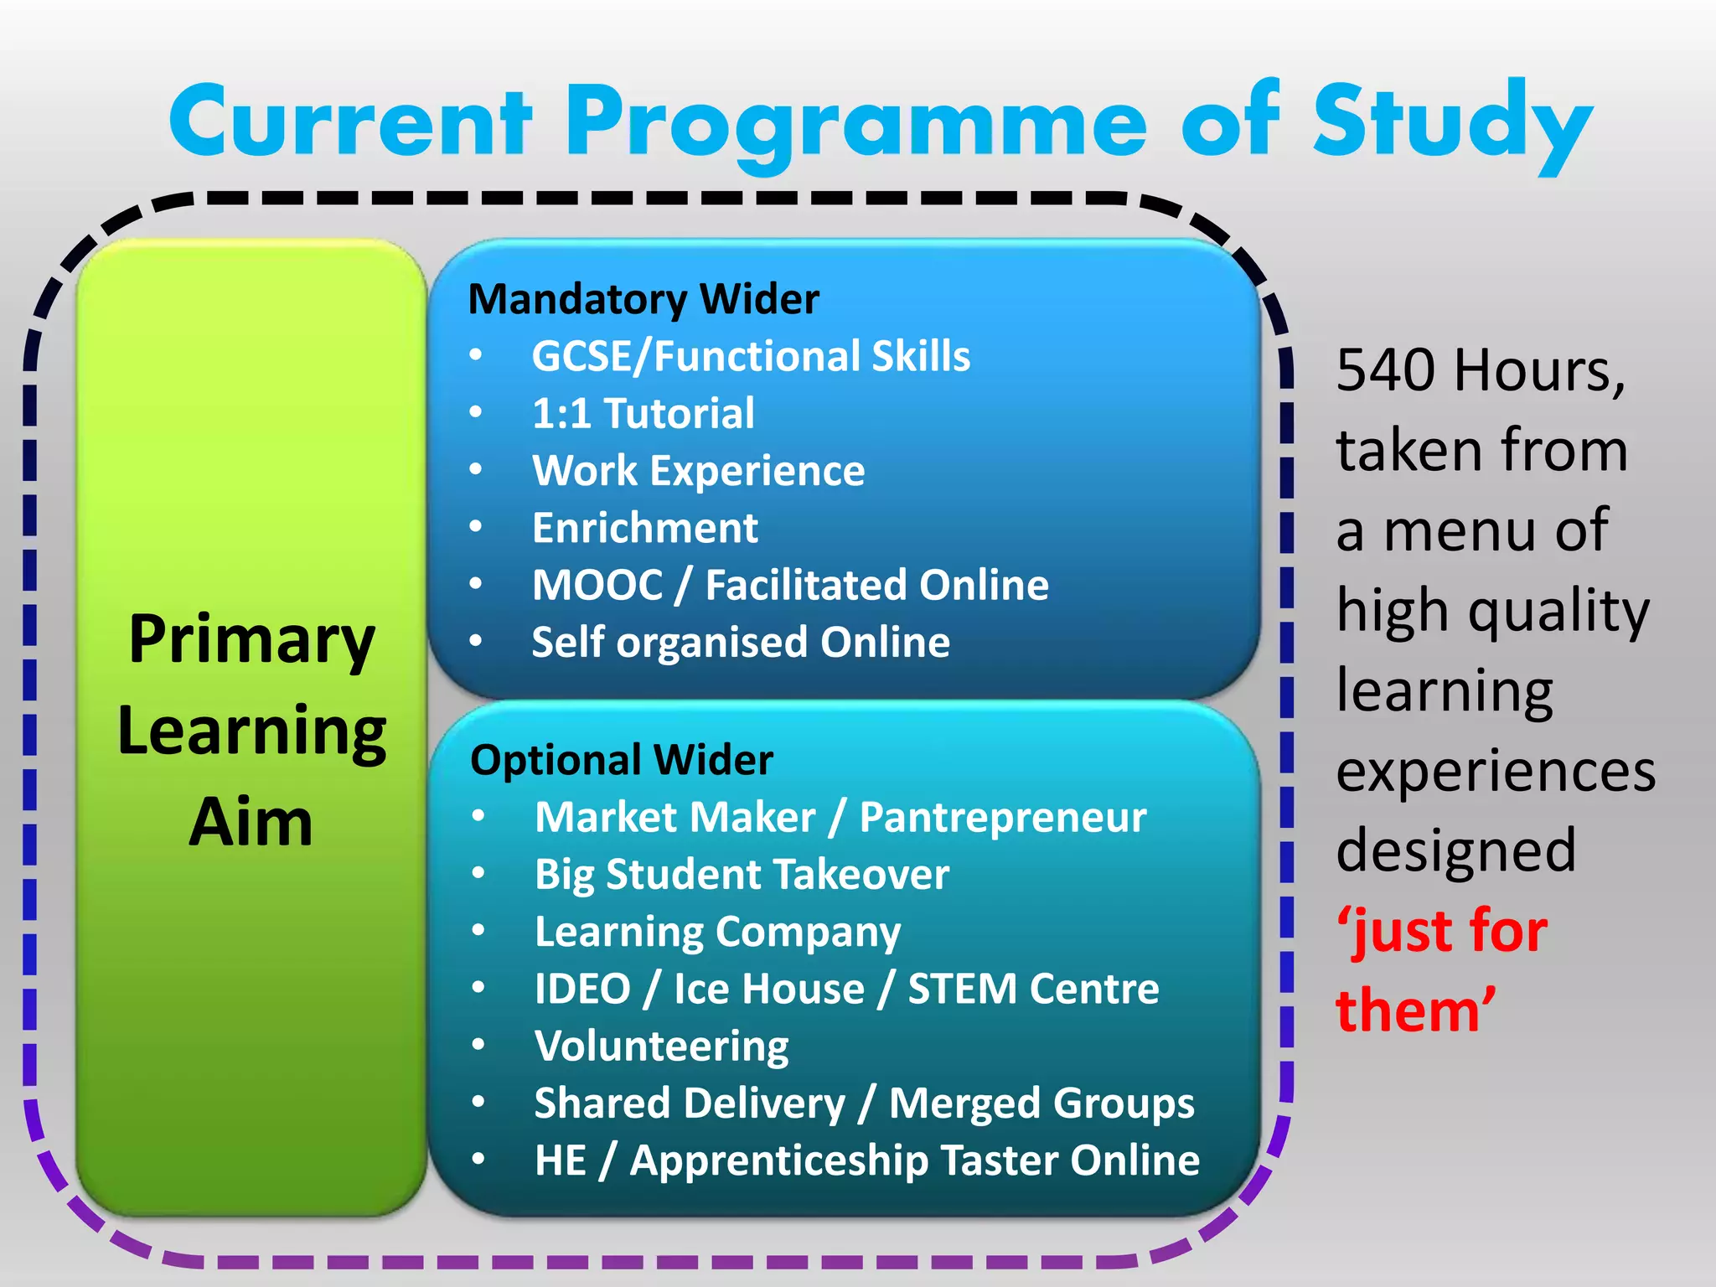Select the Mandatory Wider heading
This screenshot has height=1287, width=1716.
pyautogui.click(x=643, y=299)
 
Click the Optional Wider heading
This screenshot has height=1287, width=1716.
pyautogui.click(x=622, y=760)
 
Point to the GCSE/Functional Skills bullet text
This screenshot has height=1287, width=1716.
pyautogui.click(x=751, y=356)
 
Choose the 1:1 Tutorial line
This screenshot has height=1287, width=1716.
pyautogui.click(x=643, y=413)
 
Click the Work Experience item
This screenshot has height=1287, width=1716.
pyautogui.click(x=698, y=470)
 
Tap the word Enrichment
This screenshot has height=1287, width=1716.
pyautogui.click(x=645, y=528)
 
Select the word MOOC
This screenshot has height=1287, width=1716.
pyautogui.click(x=597, y=585)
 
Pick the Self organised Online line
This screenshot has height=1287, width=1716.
pyautogui.click(x=741, y=643)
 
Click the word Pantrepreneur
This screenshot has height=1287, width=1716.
pyautogui.click(x=1002, y=818)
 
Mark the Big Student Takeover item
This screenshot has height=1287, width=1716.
pyautogui.click(x=742, y=875)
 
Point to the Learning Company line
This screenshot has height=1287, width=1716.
pyautogui.click(x=717, y=932)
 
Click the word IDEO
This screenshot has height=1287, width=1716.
pyautogui.click(x=582, y=989)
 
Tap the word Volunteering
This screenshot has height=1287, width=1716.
pyautogui.click(x=662, y=1046)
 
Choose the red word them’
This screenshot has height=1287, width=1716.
pyautogui.click(x=1414, y=1010)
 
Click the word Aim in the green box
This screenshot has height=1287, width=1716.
pyautogui.click(x=251, y=822)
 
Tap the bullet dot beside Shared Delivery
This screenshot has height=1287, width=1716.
pyautogui.click(x=478, y=1102)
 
